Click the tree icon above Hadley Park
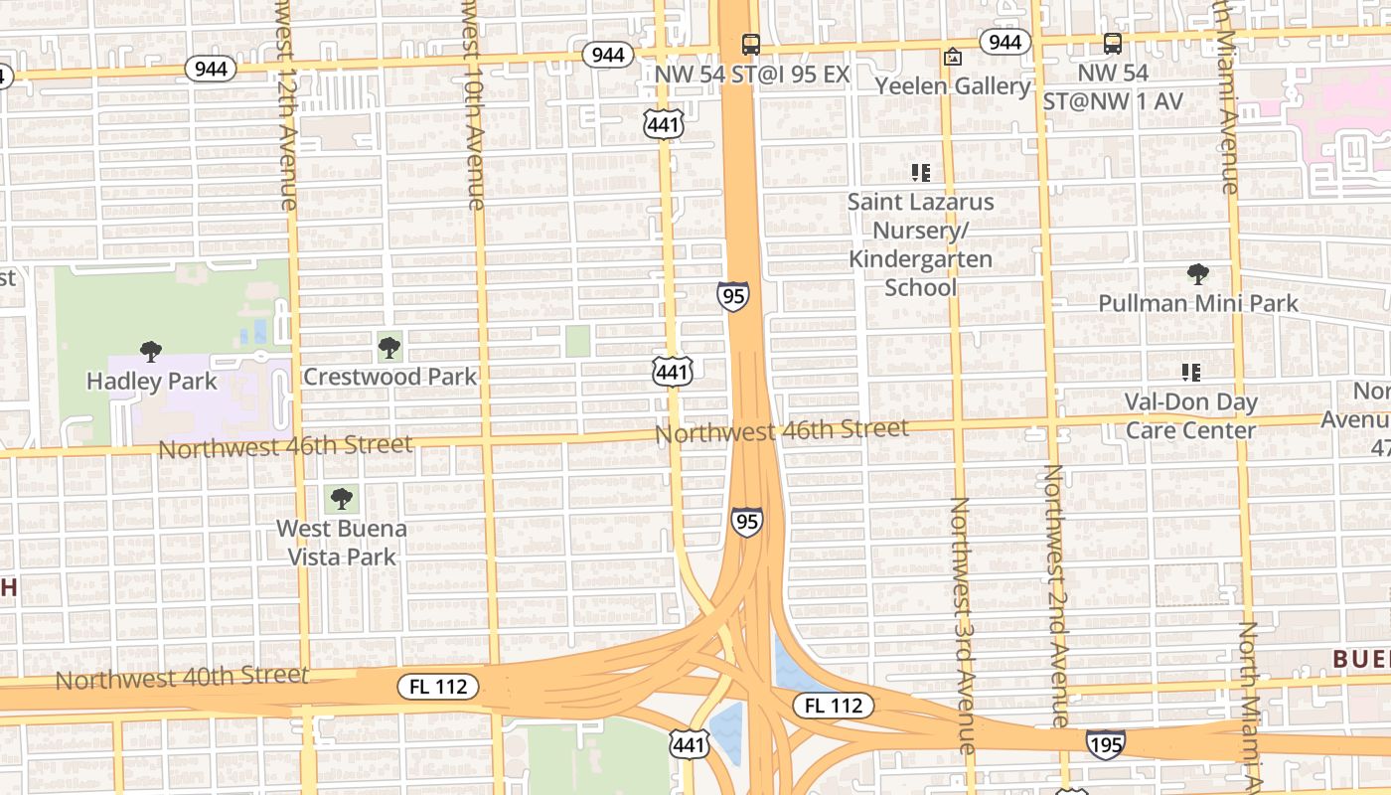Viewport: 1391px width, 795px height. [151, 351]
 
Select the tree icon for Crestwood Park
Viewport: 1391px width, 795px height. [389, 348]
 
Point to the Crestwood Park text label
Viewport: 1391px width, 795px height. [389, 377]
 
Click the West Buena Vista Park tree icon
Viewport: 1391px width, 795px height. [342, 498]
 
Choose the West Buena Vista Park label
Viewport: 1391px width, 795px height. [342, 543]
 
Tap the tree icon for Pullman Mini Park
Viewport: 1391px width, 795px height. [1198, 274]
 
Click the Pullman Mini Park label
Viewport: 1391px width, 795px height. [1198, 303]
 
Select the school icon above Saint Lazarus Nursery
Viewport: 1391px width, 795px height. [921, 173]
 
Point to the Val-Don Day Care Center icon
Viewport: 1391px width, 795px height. [1191, 373]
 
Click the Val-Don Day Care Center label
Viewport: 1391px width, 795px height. [1191, 416]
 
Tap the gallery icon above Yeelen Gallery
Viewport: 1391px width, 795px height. [952, 57]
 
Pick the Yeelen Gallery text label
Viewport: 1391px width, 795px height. [953, 86]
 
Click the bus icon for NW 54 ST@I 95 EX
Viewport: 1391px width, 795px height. [751, 45]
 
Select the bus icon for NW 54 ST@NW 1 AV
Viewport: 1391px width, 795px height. [1113, 44]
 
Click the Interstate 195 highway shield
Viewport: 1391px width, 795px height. [1106, 743]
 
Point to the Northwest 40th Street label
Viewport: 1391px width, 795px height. [182, 678]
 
